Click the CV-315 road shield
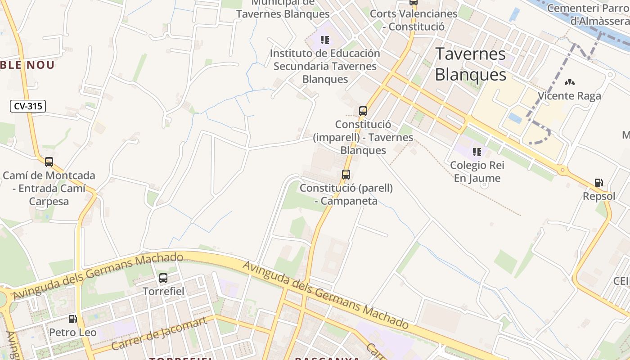pos(28,106)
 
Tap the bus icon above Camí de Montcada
pos(49,162)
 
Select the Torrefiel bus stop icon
pos(163,278)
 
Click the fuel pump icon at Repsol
pos(598,183)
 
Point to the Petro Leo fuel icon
pos(72,319)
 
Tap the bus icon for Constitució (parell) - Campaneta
pos(346,175)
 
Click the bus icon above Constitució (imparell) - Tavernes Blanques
pos(363,111)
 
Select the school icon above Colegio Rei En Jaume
pos(477,152)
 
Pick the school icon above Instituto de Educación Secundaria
pos(325,40)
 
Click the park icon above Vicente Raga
pos(569,83)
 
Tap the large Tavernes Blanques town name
pos(471,64)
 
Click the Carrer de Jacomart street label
pos(159,334)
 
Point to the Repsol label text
pos(599,196)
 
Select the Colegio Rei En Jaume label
pos(477,171)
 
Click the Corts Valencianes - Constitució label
pos(414,20)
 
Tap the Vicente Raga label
pos(569,96)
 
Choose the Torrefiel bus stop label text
pos(163,291)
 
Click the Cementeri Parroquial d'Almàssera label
pos(588,14)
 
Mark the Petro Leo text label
pos(72,333)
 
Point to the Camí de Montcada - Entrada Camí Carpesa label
pos(49,188)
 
